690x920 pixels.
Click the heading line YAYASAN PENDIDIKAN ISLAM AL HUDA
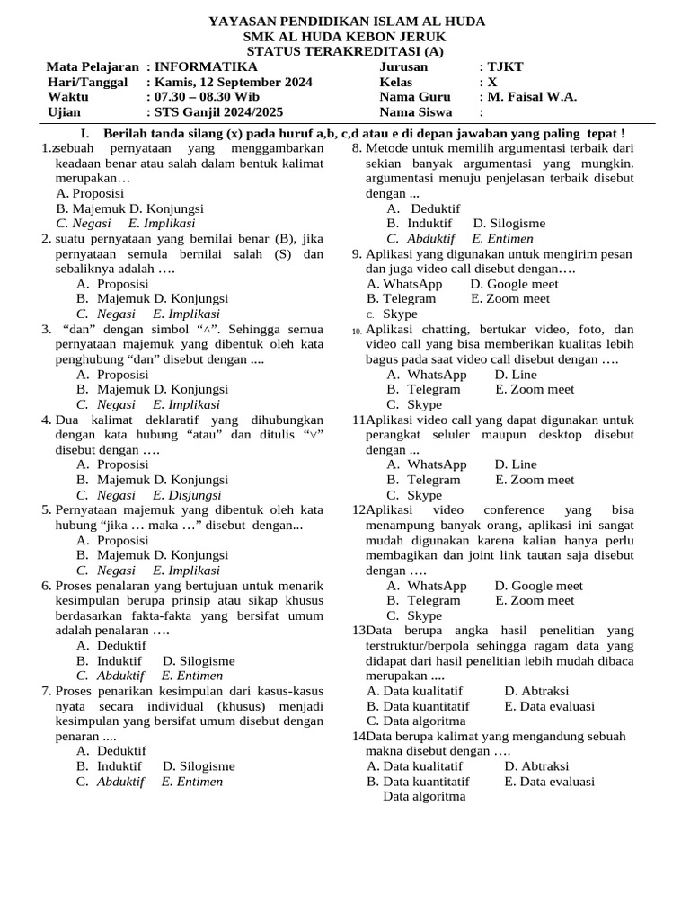pyautogui.click(x=346, y=21)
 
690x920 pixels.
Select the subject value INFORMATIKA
pyautogui.click(x=207, y=66)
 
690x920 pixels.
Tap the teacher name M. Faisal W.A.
pyautogui.click(x=532, y=97)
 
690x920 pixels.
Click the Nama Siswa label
pyautogui.click(x=415, y=112)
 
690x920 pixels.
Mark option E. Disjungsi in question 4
pyautogui.click(x=187, y=494)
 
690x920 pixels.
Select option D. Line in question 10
pyautogui.click(x=516, y=374)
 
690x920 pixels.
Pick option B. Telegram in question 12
pyautogui.click(x=423, y=600)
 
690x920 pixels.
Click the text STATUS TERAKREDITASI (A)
pyautogui.click(x=346, y=51)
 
